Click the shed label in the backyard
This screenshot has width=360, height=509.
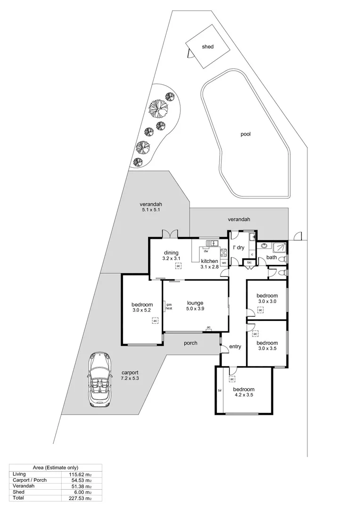[x=207, y=47]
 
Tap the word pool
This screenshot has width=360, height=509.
[x=245, y=134]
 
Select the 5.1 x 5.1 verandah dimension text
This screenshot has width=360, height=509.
[x=151, y=210]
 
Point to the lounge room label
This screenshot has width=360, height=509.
[x=195, y=303]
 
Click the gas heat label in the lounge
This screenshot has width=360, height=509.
[x=169, y=306]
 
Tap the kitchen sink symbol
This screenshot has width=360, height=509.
[x=212, y=243]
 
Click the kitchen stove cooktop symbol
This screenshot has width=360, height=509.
[x=223, y=253]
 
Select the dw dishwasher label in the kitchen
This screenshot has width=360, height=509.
[x=206, y=251]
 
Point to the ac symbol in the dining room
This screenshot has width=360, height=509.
[x=178, y=266]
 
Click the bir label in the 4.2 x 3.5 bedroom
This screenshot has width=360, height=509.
[x=220, y=390]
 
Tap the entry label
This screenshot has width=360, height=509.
[x=235, y=347]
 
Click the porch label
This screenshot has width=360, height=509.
[x=190, y=343]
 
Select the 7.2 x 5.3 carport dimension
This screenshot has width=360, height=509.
[x=130, y=378]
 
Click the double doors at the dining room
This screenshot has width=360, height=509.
[x=169, y=234]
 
